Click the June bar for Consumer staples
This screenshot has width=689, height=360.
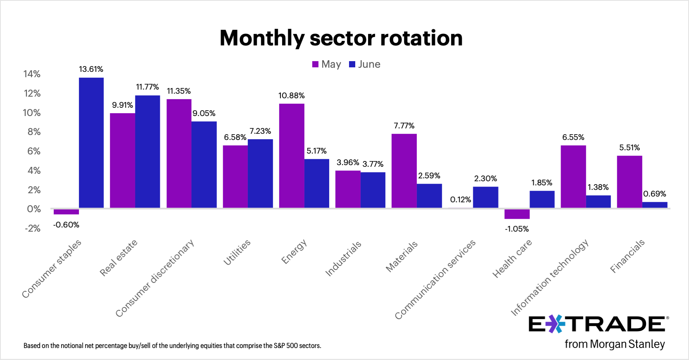(x=91, y=142)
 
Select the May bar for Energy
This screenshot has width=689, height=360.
(x=292, y=156)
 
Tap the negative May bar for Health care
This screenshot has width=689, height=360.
(x=517, y=213)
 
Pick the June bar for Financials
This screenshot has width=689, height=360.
(x=655, y=205)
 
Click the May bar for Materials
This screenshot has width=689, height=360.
(x=404, y=171)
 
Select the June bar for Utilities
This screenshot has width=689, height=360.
(x=260, y=173)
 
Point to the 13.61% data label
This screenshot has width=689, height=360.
(x=91, y=69)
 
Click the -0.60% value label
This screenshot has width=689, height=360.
(x=66, y=225)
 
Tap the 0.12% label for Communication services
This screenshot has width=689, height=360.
(x=461, y=199)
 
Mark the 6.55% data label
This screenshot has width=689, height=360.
(x=573, y=137)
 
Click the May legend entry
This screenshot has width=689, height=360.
(x=327, y=64)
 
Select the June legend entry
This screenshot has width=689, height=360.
(x=365, y=64)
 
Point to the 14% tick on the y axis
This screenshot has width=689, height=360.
(x=32, y=74)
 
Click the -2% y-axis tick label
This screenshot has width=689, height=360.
(x=33, y=228)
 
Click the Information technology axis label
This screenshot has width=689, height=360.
(x=550, y=277)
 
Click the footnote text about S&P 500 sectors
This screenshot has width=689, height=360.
(x=172, y=346)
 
